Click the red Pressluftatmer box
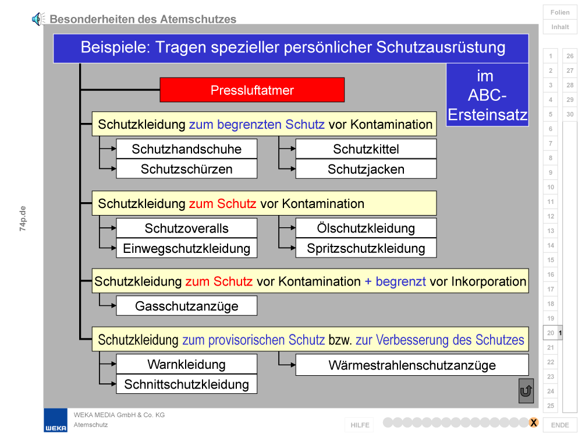pos(252,90)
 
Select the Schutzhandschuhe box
pos(187,149)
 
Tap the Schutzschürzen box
pos(187,169)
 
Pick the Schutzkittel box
pos(366,149)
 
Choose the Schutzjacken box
pos(366,169)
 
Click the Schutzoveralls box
pos(187,228)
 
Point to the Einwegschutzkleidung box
pos(187,248)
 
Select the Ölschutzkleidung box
pos(366,228)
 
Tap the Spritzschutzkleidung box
pos(366,248)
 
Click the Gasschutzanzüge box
pos(187,306)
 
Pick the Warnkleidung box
pos(187,364)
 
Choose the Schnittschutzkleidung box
pos(187,384)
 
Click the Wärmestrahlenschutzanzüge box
pos(412,365)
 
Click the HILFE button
pos(360,425)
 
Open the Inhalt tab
pos(560,27)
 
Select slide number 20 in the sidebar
pos(551,333)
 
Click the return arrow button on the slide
pos(526,391)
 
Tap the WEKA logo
pos(56,421)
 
